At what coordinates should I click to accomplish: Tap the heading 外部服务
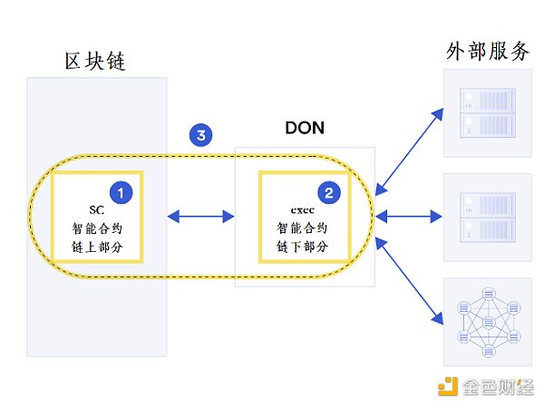(x=488, y=51)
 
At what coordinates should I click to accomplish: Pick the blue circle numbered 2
(x=328, y=191)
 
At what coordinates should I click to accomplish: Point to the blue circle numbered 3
(x=201, y=136)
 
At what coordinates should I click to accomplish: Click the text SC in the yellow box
(x=97, y=210)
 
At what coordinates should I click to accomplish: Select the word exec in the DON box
(x=303, y=210)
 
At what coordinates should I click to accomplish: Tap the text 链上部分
(x=97, y=246)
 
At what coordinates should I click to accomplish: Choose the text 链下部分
(x=303, y=246)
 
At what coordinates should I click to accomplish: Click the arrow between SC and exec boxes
(x=202, y=216)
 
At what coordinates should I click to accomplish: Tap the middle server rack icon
(x=488, y=216)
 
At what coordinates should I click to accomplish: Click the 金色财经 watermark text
(x=495, y=387)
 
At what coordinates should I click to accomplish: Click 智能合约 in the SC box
(x=97, y=228)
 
